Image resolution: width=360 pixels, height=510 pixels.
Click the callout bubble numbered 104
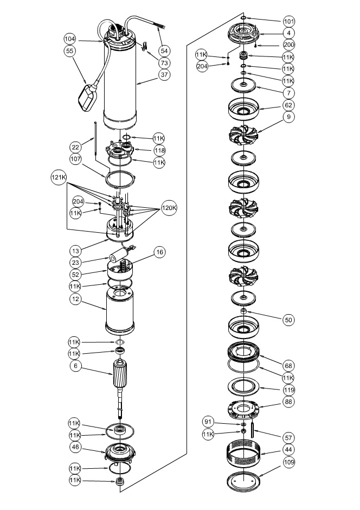[x=69, y=39]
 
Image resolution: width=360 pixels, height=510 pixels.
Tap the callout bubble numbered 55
[x=69, y=51]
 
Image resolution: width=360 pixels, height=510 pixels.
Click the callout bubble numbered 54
[x=165, y=51]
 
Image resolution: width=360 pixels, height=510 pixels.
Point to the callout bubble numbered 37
[x=165, y=74]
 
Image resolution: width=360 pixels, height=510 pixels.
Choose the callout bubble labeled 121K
[x=59, y=177]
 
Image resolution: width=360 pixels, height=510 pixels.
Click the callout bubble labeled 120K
[x=169, y=208]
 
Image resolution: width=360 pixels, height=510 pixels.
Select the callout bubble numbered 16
[x=159, y=252]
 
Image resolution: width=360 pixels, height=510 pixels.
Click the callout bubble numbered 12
[x=76, y=299]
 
